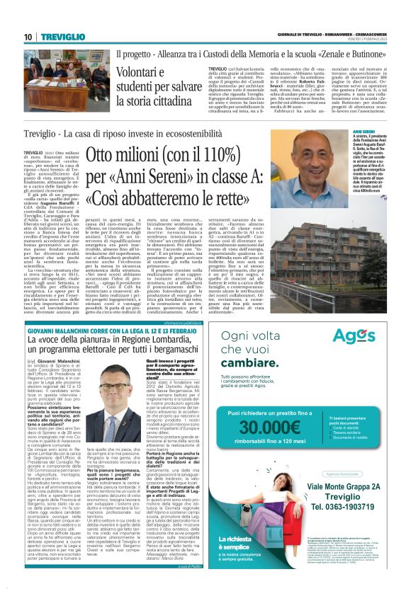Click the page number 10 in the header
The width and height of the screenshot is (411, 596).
coord(28,36)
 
